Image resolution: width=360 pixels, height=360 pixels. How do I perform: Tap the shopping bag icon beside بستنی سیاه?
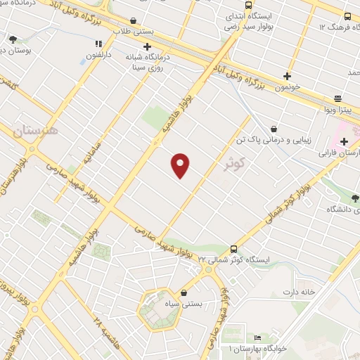184,292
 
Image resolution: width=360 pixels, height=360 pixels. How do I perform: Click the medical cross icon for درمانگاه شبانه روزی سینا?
147,47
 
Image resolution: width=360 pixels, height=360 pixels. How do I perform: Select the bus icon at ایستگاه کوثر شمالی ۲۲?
234,249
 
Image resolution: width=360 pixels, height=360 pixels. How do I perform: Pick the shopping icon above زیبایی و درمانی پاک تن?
273,129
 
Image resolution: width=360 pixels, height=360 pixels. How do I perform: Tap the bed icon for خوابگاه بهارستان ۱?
238,337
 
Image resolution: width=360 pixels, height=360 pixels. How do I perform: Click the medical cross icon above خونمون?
287,76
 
